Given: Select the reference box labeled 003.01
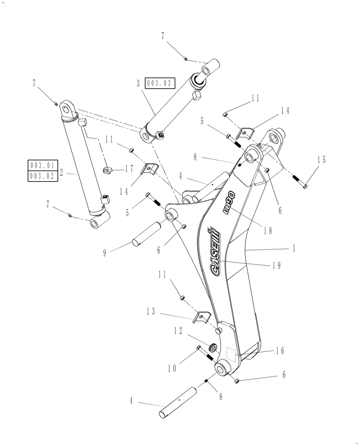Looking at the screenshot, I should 42,165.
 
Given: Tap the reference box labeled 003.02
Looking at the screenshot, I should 42,176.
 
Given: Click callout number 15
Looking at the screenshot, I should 321,160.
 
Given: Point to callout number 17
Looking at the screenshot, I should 129,168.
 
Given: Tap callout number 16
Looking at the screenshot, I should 279,351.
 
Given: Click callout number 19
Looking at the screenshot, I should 276,265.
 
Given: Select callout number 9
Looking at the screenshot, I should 105,252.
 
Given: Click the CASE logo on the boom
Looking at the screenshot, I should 213,252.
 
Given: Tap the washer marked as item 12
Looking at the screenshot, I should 213,347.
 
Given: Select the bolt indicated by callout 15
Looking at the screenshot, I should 301,181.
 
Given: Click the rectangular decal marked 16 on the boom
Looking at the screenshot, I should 231,354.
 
